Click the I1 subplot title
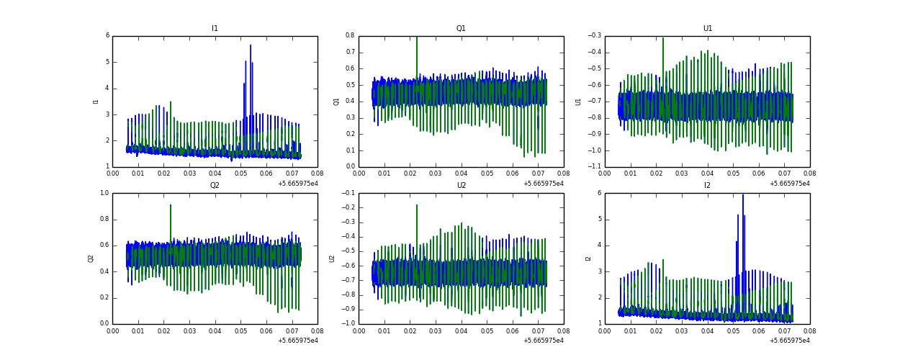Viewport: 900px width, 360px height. point(215,29)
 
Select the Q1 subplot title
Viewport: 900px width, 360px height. point(461,29)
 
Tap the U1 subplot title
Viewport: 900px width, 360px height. point(707,29)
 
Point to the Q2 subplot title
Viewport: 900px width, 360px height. point(215,186)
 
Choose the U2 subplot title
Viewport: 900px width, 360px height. point(461,186)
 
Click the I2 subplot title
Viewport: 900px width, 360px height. point(707,186)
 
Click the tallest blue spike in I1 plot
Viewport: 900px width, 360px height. point(251,46)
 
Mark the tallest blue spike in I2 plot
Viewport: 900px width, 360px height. point(743,195)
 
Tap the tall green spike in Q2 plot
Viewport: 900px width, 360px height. point(171,206)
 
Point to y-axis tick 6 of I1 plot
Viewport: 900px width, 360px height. point(107,36)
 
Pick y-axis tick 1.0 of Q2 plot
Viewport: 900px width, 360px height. point(104,193)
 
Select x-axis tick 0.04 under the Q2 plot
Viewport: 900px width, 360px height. point(215,332)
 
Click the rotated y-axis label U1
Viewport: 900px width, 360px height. point(578,102)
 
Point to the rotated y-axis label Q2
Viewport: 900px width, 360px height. point(91,258)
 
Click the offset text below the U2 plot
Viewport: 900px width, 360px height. point(544,341)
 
